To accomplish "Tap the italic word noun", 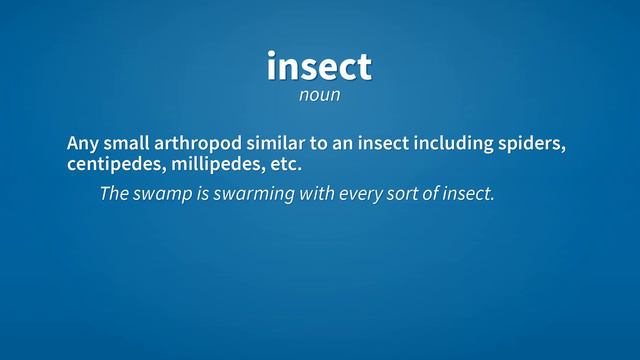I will (320, 96).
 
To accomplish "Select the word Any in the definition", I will (83, 143).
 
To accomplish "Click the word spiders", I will (532, 143).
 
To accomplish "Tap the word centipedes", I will (110, 163).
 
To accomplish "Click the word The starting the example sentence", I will (114, 193).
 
